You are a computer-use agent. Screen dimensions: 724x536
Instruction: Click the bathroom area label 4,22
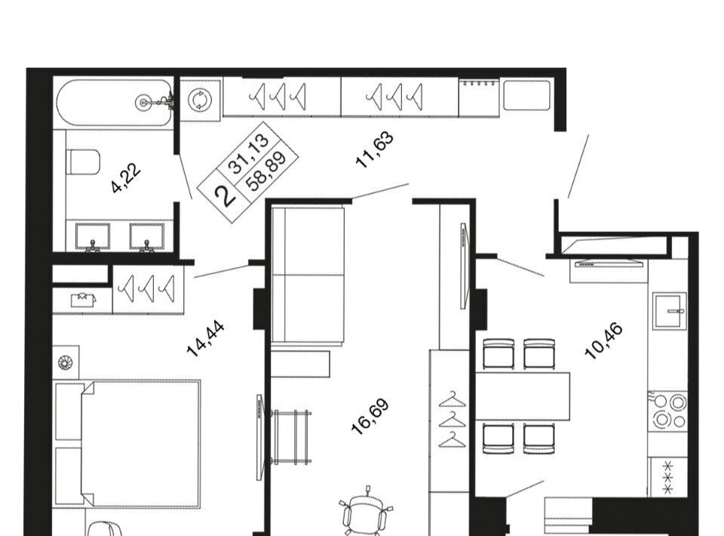pyautogui.click(x=126, y=178)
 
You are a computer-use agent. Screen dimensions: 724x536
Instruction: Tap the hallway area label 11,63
pyautogui.click(x=375, y=149)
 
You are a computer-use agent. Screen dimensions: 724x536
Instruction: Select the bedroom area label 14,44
pyautogui.click(x=205, y=339)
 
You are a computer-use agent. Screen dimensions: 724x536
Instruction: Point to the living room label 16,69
pyautogui.click(x=370, y=416)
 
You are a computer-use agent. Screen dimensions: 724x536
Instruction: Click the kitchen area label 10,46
pyautogui.click(x=604, y=341)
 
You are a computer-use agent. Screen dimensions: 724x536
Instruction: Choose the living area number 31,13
pyautogui.click(x=250, y=153)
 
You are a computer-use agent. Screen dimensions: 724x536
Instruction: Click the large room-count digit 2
pyautogui.click(x=226, y=196)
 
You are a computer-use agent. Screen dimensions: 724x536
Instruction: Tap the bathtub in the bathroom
pyautogui.click(x=115, y=103)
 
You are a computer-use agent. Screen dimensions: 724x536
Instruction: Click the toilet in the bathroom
pyautogui.click(x=84, y=162)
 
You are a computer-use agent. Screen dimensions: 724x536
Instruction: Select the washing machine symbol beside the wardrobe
pyautogui.click(x=200, y=100)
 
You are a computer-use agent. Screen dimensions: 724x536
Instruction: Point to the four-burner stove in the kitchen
pyautogui.click(x=668, y=411)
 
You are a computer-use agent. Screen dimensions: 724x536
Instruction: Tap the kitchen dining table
pyautogui.click(x=523, y=396)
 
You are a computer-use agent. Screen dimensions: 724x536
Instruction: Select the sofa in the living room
pyautogui.click(x=308, y=276)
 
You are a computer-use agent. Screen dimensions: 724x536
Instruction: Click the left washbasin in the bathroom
pyautogui.click(x=92, y=237)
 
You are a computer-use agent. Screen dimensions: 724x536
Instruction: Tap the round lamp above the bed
pyautogui.click(x=66, y=362)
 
